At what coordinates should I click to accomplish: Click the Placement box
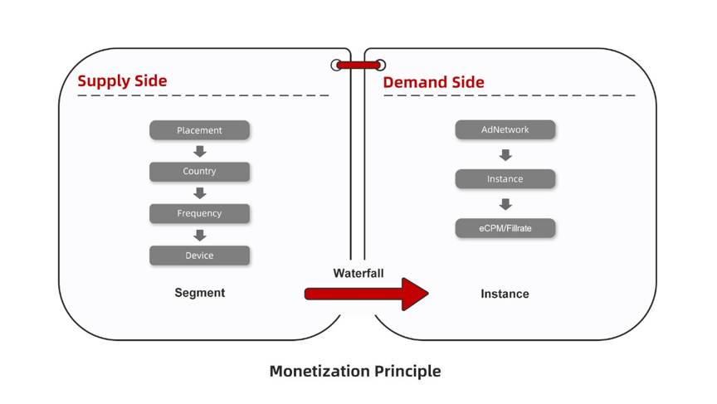pyautogui.click(x=199, y=130)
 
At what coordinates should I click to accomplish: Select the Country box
pyautogui.click(x=199, y=172)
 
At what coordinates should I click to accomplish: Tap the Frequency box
pyautogui.click(x=199, y=213)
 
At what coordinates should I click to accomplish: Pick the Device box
pyautogui.click(x=199, y=256)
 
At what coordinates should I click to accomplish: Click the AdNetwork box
pyautogui.click(x=505, y=129)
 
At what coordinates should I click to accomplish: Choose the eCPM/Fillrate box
pyautogui.click(x=505, y=228)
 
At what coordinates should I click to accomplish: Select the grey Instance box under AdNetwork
pyautogui.click(x=505, y=178)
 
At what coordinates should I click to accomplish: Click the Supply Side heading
pyautogui.click(x=122, y=81)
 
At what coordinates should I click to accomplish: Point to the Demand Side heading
pyautogui.click(x=433, y=82)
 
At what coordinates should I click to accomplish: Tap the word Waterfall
pyautogui.click(x=358, y=273)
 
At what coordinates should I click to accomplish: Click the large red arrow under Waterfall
pyautogui.click(x=366, y=294)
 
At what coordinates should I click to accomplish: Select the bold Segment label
pyautogui.click(x=200, y=293)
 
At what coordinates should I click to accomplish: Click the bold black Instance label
pyautogui.click(x=505, y=294)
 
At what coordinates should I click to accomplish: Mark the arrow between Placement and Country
pyautogui.click(x=200, y=151)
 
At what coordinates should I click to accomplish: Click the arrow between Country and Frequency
pyautogui.click(x=200, y=192)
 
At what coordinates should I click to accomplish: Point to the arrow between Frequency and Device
pyautogui.click(x=200, y=235)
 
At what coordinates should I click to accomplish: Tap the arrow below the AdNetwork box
pyautogui.click(x=505, y=155)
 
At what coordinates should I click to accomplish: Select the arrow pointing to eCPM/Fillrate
pyautogui.click(x=505, y=204)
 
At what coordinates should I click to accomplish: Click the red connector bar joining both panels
pyautogui.click(x=358, y=66)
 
